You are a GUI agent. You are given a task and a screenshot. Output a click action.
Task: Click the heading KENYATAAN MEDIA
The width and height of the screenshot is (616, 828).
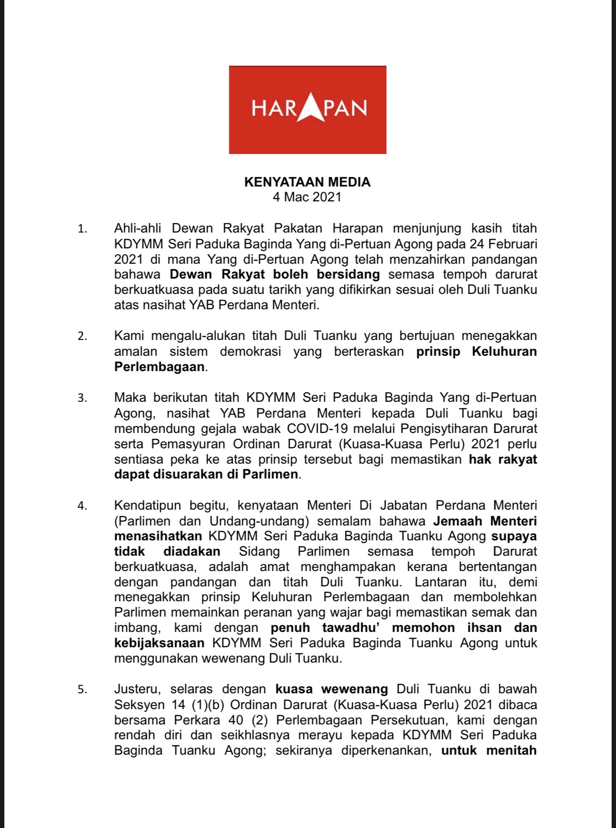(x=307, y=182)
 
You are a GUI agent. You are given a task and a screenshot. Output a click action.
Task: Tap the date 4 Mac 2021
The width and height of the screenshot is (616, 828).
(x=307, y=197)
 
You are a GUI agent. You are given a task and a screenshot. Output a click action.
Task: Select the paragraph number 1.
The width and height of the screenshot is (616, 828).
(x=83, y=229)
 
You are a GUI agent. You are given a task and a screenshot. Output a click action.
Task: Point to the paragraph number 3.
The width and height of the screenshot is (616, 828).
(x=83, y=398)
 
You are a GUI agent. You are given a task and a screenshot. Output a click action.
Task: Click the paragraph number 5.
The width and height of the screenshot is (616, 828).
(x=83, y=690)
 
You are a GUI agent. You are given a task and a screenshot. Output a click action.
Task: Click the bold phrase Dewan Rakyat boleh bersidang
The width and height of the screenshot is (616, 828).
(x=275, y=275)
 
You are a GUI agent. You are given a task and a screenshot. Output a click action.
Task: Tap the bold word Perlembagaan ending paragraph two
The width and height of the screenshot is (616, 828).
(x=159, y=367)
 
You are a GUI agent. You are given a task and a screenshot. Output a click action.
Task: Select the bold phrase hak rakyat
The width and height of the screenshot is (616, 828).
(x=502, y=459)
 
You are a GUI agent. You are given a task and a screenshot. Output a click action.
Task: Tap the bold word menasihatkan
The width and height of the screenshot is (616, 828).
(x=158, y=536)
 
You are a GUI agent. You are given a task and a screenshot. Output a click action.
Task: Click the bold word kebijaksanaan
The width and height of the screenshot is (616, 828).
(x=159, y=643)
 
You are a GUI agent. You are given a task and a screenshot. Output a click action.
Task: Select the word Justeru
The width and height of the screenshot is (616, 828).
(x=135, y=689)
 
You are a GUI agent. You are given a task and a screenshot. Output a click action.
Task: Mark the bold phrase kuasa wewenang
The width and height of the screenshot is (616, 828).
(x=331, y=689)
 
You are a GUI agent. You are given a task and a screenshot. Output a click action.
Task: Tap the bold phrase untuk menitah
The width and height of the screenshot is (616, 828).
(x=488, y=751)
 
